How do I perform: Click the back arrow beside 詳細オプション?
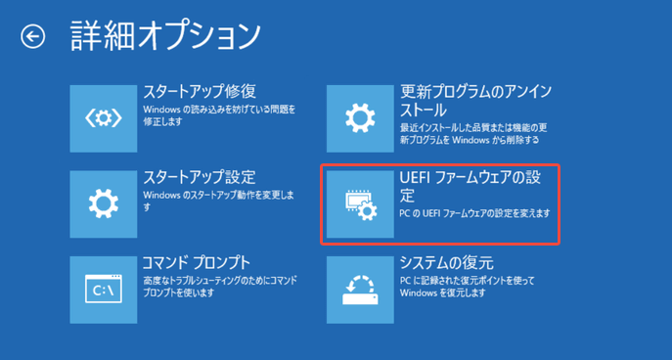[x=33, y=37]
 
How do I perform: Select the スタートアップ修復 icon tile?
[x=104, y=118]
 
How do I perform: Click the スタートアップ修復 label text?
[x=200, y=92]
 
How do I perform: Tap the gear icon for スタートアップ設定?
[x=104, y=203]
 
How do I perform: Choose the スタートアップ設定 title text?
[x=200, y=177]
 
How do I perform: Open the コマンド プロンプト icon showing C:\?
[x=104, y=290]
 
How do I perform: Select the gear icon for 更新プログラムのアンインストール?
[x=360, y=118]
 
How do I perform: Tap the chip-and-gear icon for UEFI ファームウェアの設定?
[x=360, y=203]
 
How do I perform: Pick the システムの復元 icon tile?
[x=360, y=290]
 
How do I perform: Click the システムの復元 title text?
[x=446, y=263]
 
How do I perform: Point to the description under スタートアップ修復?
[x=218, y=115]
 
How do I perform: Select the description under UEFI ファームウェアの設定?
[x=475, y=213]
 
